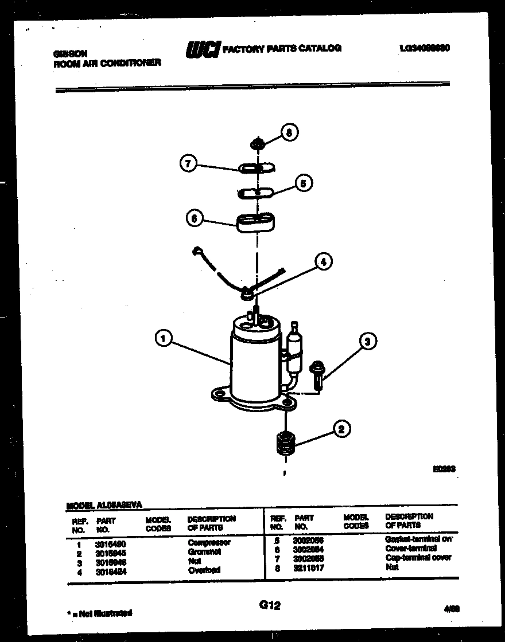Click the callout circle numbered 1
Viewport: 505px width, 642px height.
click(x=164, y=339)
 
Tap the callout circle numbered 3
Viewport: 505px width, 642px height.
click(x=368, y=342)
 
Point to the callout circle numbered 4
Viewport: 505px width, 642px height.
click(x=323, y=261)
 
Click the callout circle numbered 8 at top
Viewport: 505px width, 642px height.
click(x=289, y=133)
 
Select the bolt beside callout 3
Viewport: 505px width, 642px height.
click(x=317, y=374)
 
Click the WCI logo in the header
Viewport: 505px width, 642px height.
click(x=202, y=50)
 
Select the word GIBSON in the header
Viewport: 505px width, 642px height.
click(x=70, y=53)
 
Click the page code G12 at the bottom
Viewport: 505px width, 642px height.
click(x=270, y=605)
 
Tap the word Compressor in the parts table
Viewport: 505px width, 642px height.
click(x=209, y=542)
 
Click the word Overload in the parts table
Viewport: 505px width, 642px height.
click(x=204, y=570)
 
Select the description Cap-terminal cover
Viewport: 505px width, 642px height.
click(x=418, y=558)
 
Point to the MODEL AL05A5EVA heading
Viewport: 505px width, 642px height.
click(x=104, y=505)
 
